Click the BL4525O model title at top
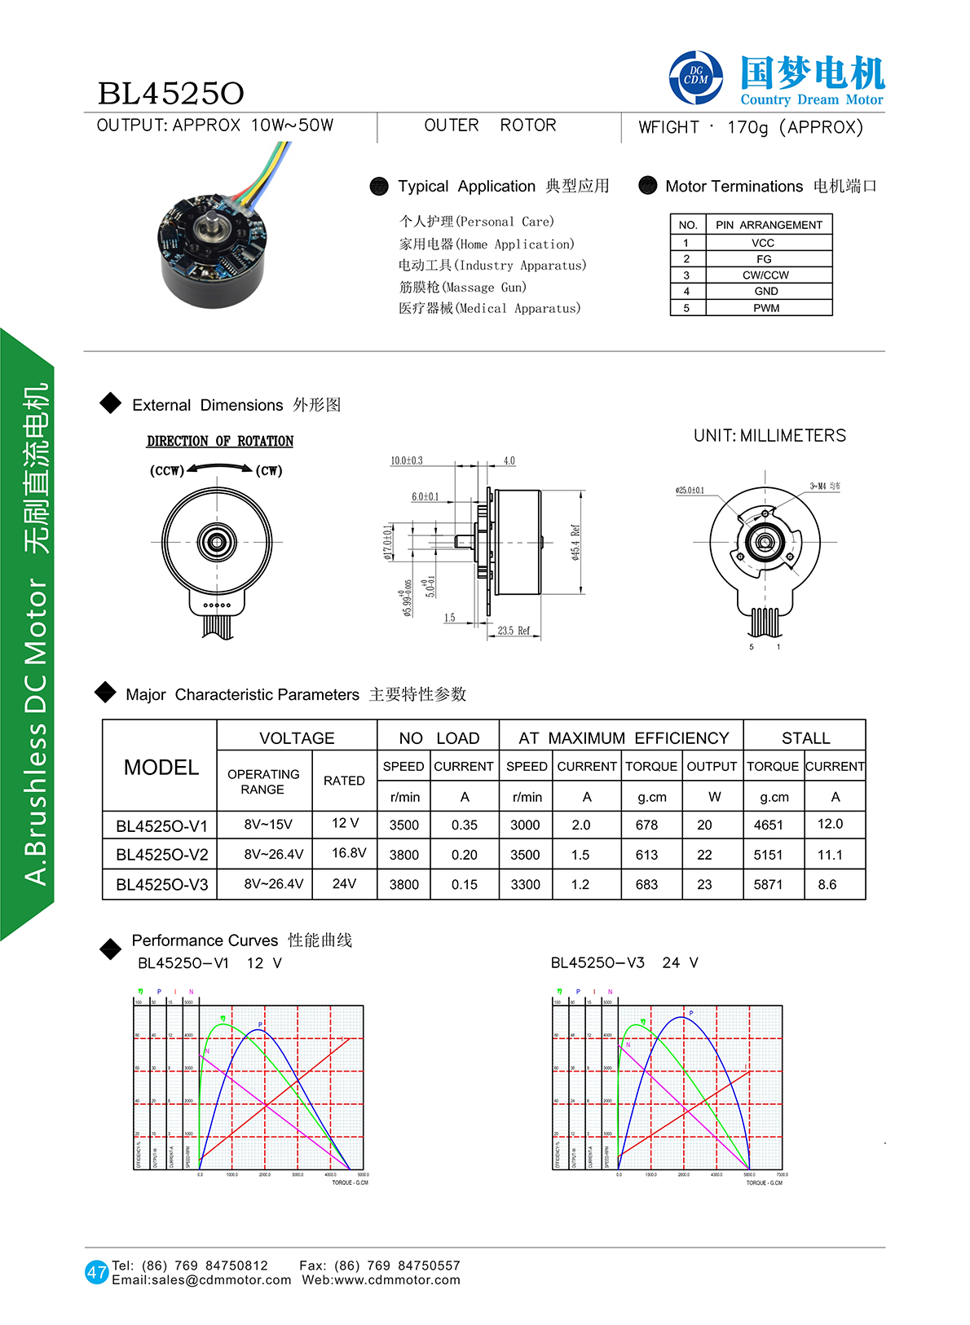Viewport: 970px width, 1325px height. (x=170, y=94)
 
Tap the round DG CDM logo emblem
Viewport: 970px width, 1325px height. (x=695, y=77)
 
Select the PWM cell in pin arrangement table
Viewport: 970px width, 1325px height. (x=766, y=308)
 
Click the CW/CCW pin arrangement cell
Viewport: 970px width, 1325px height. (x=765, y=275)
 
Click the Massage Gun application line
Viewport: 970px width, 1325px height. (x=462, y=287)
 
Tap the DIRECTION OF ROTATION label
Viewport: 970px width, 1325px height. (x=220, y=441)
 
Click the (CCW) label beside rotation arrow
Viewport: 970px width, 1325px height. (x=166, y=470)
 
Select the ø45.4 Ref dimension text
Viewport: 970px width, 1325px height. (x=575, y=542)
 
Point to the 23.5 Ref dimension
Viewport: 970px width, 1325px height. (x=514, y=631)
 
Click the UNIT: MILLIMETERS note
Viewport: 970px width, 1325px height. (x=769, y=436)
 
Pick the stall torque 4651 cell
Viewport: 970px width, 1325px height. (x=768, y=825)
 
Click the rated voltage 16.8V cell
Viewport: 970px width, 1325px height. (x=349, y=853)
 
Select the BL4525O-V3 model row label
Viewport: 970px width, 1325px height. (x=161, y=884)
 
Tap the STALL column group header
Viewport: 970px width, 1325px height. (x=805, y=738)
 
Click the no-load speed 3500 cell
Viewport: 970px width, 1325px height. (x=403, y=825)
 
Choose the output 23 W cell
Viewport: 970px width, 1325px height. (x=704, y=884)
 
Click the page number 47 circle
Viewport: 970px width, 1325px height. (x=97, y=1272)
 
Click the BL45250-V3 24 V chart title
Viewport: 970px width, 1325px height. (x=624, y=962)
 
